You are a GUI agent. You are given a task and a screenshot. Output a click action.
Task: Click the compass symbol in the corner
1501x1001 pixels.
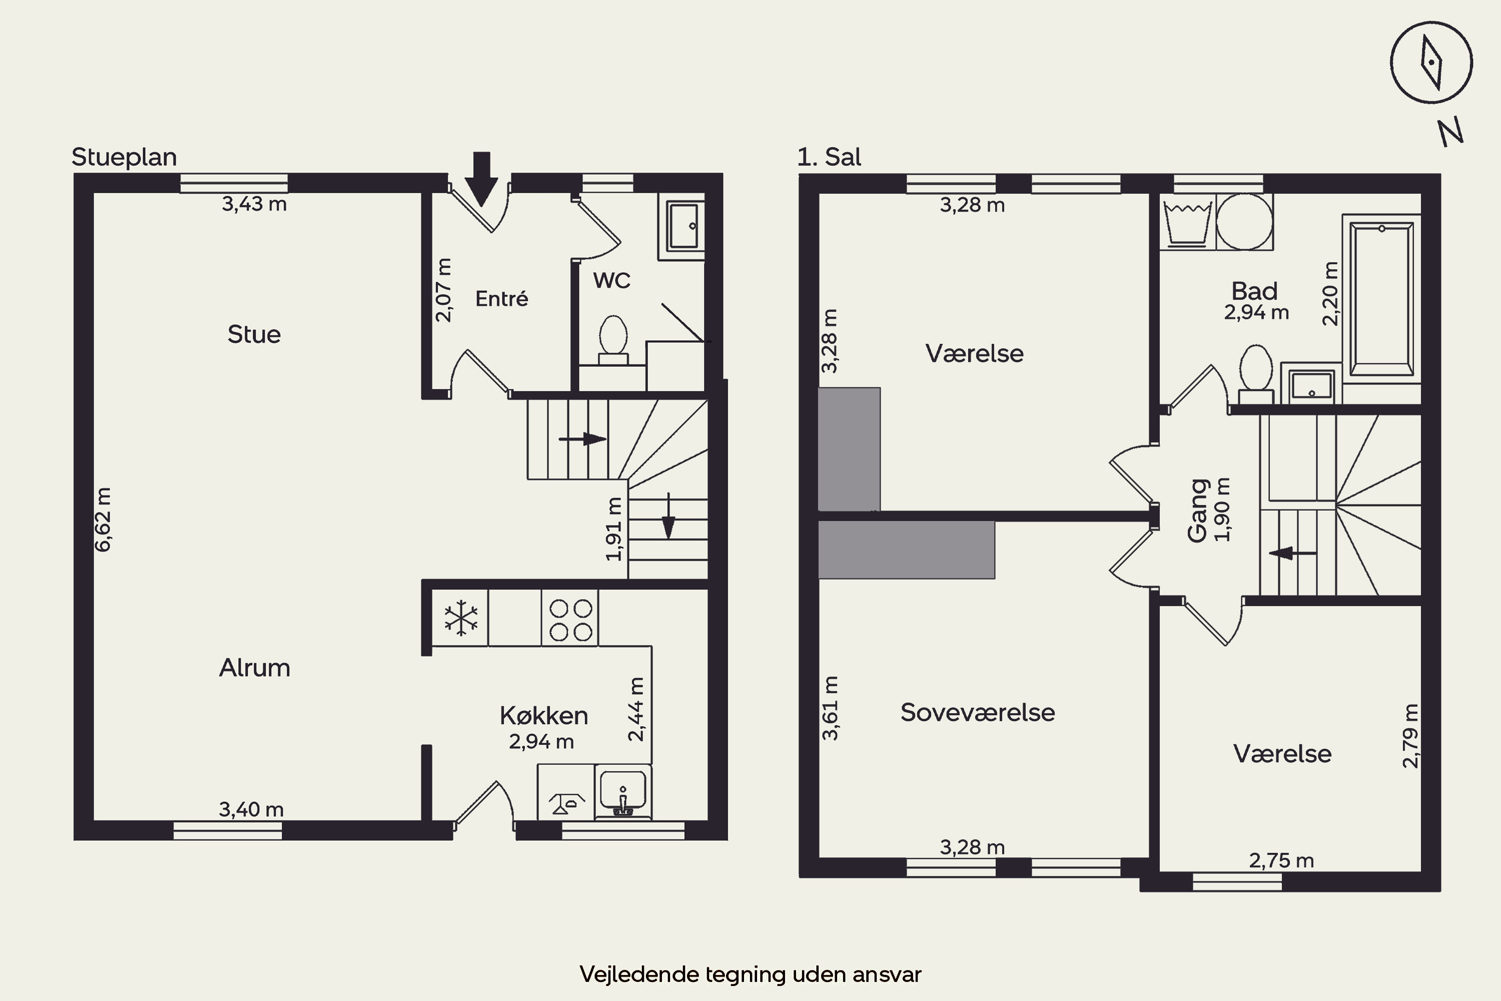pos(1431,63)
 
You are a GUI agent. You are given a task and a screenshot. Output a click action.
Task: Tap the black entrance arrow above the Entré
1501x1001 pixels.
pos(481,179)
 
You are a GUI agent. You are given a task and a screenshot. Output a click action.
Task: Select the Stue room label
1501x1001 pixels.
pos(254,334)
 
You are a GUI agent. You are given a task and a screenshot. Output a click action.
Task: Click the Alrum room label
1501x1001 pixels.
pos(255,668)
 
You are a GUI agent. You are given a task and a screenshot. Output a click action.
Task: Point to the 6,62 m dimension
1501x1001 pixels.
pos(103,519)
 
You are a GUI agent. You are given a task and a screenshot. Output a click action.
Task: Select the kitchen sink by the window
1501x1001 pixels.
pos(623,792)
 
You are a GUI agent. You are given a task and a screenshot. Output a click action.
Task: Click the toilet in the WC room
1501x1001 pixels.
pos(613,340)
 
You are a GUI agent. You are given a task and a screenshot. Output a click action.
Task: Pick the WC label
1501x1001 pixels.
pos(611,280)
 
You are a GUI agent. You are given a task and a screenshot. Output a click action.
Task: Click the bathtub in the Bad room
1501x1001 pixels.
pos(1381,299)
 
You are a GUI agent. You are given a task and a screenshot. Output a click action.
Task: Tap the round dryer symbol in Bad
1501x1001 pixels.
pos(1244,222)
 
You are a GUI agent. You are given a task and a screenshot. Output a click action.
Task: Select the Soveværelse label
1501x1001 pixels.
pos(978,712)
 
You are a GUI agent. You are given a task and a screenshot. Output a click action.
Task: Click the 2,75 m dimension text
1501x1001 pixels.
pos(1281,860)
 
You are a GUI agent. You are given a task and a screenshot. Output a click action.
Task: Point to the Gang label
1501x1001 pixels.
pos(1198,511)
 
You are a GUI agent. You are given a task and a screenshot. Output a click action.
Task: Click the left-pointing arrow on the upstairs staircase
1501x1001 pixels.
pos(1292,553)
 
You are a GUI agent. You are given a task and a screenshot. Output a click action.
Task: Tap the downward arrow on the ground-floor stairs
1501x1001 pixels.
pos(668,516)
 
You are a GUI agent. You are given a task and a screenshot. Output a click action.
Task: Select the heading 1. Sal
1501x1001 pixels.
pos(829,157)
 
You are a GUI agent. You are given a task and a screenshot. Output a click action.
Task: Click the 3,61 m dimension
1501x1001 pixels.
pos(830,708)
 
